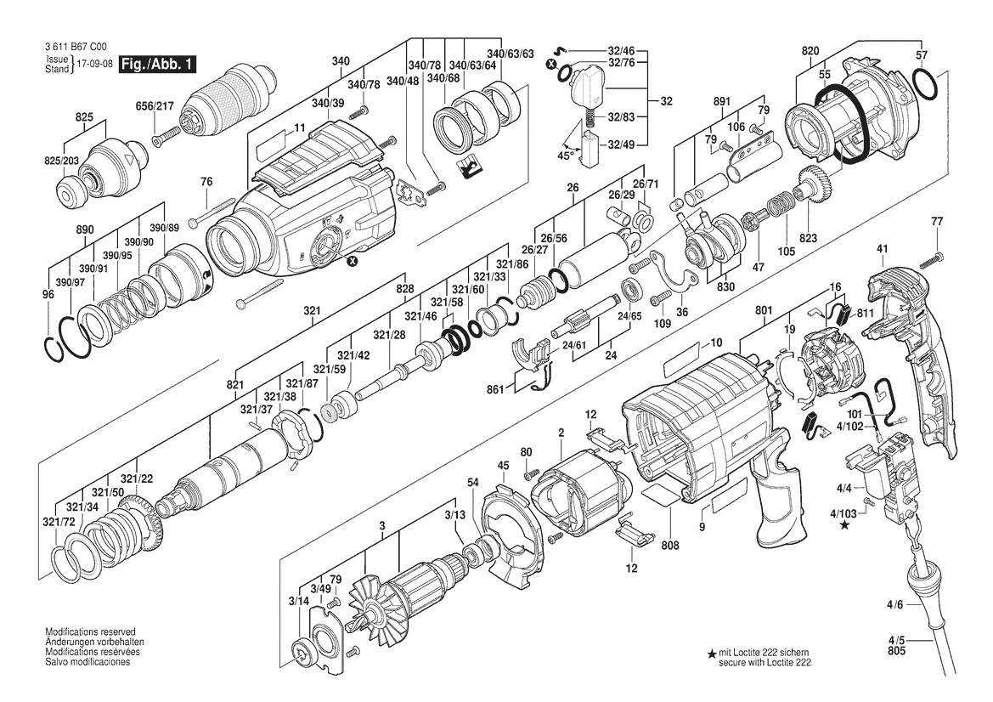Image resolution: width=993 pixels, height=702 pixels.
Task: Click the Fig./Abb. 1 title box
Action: [157, 64]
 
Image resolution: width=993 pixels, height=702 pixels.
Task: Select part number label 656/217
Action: [155, 106]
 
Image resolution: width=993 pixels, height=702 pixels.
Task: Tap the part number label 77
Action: [937, 222]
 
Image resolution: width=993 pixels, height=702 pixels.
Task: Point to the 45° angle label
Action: [567, 155]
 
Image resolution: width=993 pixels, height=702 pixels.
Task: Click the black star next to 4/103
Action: [845, 525]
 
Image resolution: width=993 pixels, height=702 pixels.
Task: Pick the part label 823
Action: [808, 238]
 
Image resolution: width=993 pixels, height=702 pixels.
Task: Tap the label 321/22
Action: [137, 479]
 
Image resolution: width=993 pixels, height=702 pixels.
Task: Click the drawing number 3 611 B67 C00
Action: [76, 46]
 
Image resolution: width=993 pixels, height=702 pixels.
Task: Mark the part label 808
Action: [670, 546]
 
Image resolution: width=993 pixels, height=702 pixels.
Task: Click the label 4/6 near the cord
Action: [894, 605]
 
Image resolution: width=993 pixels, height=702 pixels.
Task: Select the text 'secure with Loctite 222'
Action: [764, 663]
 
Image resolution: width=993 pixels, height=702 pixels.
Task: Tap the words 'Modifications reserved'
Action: [91, 631]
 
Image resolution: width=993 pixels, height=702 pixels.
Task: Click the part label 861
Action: [495, 389]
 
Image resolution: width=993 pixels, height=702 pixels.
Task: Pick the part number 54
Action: [473, 483]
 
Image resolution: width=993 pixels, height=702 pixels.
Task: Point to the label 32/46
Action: [621, 50]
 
